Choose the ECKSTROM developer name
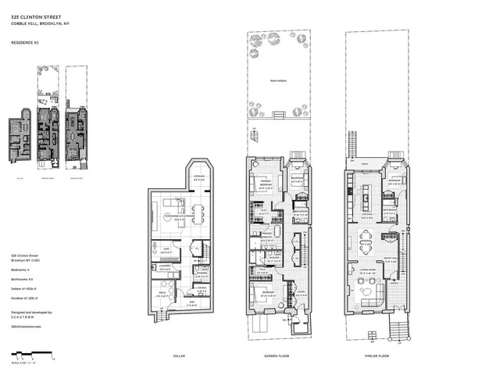[24, 318]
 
